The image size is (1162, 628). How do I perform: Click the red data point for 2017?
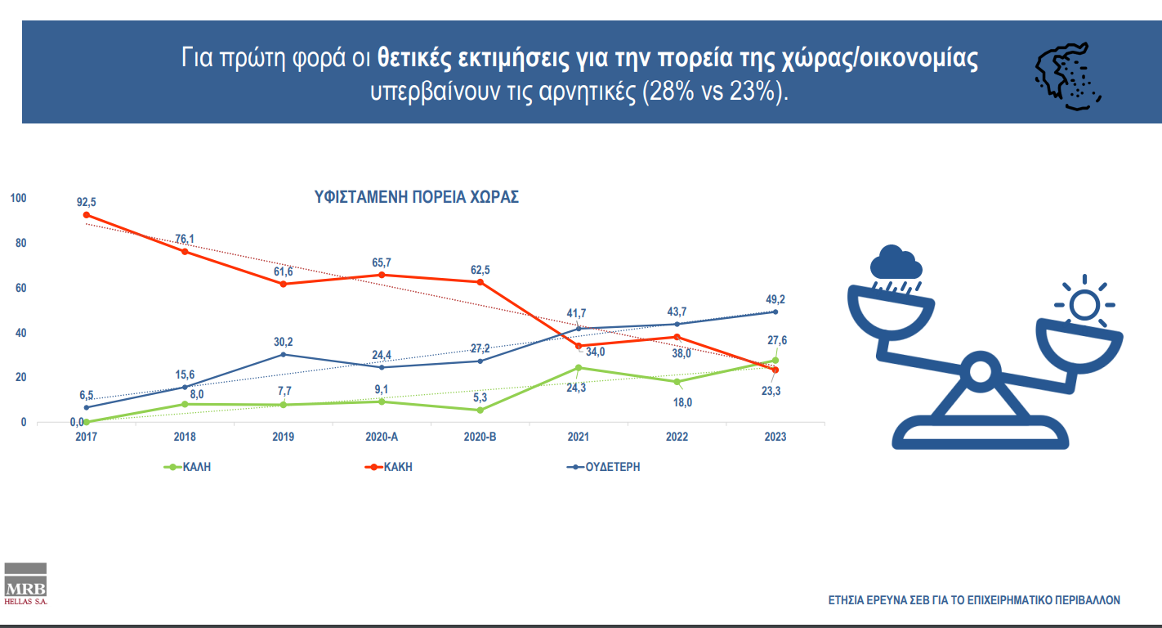86,215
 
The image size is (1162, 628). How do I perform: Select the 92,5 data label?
86,201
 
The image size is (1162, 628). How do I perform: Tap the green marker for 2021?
579,368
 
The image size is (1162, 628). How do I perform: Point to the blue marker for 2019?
283,354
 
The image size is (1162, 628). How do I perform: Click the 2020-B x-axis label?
480,437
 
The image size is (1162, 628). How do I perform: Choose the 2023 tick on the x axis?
775,437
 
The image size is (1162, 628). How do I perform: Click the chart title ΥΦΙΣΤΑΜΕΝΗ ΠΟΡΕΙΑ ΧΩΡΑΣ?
417,198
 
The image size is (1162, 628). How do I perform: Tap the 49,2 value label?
775,299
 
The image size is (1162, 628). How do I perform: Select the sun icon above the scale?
1084,305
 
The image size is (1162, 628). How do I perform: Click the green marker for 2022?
677,382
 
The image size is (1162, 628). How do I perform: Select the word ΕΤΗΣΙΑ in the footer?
847,600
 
